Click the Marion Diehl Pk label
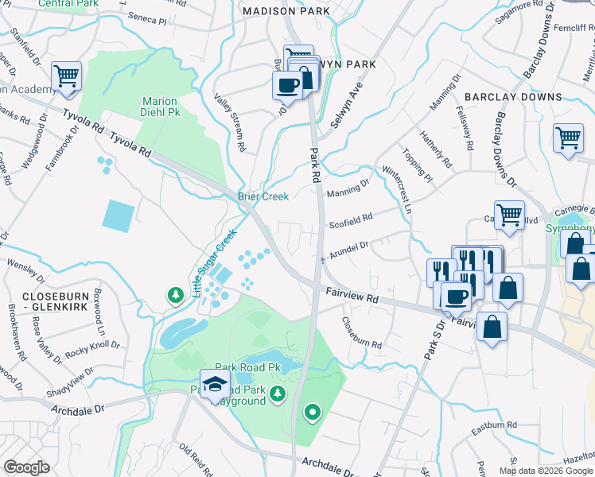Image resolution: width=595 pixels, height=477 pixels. [x=161, y=107]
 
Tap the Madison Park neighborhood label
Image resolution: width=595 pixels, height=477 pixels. [x=286, y=11]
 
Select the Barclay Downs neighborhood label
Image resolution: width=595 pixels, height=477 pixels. [x=514, y=97]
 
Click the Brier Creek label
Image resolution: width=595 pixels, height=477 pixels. [x=262, y=196]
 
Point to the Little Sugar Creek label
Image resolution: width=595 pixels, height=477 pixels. [x=214, y=263]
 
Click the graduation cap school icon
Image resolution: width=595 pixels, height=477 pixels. [x=214, y=385]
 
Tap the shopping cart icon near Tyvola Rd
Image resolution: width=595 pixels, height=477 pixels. [x=67, y=76]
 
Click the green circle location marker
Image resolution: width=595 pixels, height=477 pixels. [x=312, y=412]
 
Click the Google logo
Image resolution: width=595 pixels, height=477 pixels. [x=26, y=467]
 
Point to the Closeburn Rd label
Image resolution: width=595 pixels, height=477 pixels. [x=361, y=334]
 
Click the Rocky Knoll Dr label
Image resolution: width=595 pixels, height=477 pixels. [x=92, y=347]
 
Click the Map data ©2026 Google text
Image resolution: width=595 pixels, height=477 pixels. [x=544, y=471]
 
